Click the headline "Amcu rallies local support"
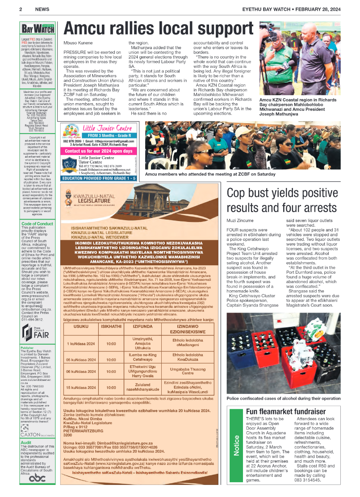(x=159, y=28)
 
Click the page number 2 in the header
(x=21, y=9)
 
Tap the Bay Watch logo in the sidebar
(x=38, y=29)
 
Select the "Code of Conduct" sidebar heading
(x=37, y=223)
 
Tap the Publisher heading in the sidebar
(x=27, y=347)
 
